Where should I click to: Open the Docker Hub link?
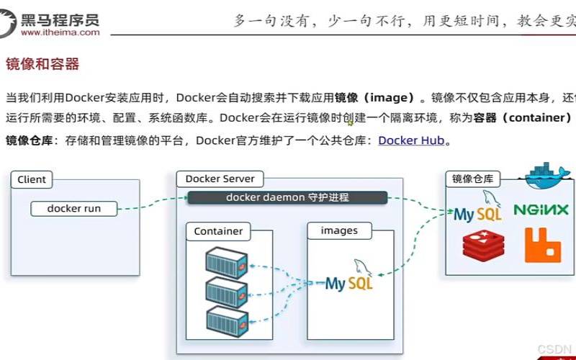click(x=411, y=140)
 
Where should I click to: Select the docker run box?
click(x=74, y=209)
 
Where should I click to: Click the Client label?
click(x=32, y=179)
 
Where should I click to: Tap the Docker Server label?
click(x=220, y=179)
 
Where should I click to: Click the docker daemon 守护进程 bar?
click(x=287, y=197)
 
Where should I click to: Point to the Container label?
click(x=218, y=231)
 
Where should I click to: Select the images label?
click(x=339, y=230)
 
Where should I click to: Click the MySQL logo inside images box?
click(x=350, y=277)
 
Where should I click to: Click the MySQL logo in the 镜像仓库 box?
click(x=477, y=210)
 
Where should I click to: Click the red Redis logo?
click(x=482, y=245)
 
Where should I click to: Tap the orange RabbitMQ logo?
click(x=542, y=244)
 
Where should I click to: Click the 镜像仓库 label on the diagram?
click(x=472, y=179)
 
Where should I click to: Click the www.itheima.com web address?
click(x=60, y=32)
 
